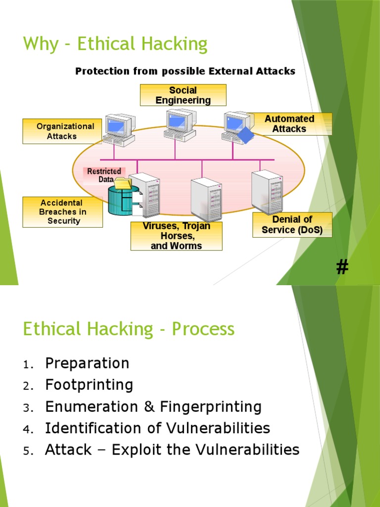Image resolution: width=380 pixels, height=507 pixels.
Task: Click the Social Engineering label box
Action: pyautogui.click(x=183, y=95)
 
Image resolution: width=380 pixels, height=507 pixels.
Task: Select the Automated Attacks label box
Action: pyautogui.click(x=289, y=124)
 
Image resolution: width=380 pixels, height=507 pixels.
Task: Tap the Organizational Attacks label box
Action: pyautogui.click(x=63, y=131)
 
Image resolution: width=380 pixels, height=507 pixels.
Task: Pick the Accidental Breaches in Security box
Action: pyautogui.click(x=63, y=212)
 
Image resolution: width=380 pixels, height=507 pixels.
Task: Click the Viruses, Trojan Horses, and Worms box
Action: pyautogui.click(x=176, y=236)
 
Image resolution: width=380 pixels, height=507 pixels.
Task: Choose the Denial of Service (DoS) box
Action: pyautogui.click(x=292, y=225)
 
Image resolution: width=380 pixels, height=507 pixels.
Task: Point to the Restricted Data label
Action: pyautogui.click(x=104, y=175)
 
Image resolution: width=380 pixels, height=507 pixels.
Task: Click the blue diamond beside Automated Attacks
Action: pyautogui.click(x=245, y=134)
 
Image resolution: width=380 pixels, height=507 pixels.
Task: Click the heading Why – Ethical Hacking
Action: pyautogui.click(x=115, y=45)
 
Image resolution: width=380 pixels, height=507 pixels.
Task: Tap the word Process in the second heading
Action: pyautogui.click(x=203, y=329)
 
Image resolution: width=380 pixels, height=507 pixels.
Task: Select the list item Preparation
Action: pyautogui.click(x=87, y=363)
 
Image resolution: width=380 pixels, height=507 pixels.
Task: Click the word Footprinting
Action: pyautogui.click(x=89, y=385)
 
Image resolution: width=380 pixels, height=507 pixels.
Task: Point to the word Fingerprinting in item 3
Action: pyautogui.click(x=211, y=406)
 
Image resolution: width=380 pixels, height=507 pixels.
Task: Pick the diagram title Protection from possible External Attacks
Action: pyautogui.click(x=185, y=71)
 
